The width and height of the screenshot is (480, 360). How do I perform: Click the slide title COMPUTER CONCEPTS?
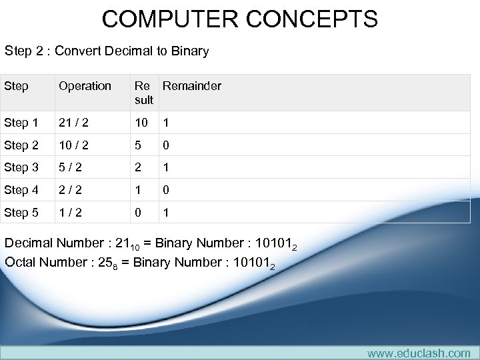[239, 19]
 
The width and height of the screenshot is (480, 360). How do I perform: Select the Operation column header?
[85, 86]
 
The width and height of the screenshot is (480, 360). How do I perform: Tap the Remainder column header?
[192, 86]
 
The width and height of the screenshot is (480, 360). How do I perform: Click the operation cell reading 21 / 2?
[73, 123]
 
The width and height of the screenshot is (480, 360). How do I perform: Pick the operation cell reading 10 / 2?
[73, 145]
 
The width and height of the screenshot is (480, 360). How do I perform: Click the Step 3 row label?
[21, 168]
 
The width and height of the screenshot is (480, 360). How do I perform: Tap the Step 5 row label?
[21, 213]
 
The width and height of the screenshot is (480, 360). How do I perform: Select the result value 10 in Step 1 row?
[142, 123]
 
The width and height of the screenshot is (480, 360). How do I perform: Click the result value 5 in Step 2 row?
[138, 145]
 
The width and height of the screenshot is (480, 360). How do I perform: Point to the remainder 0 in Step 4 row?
[166, 190]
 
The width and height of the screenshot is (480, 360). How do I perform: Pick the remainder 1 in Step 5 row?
[166, 213]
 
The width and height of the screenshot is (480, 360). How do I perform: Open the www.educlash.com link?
[418, 353]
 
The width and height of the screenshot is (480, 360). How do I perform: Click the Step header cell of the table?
[16, 86]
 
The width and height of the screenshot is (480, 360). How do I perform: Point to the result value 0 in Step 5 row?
[138, 213]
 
